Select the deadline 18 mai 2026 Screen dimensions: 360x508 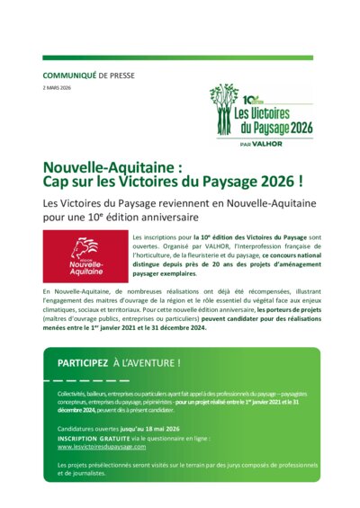pos(165,430)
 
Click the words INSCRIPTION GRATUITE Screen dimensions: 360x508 pos(96,439)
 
